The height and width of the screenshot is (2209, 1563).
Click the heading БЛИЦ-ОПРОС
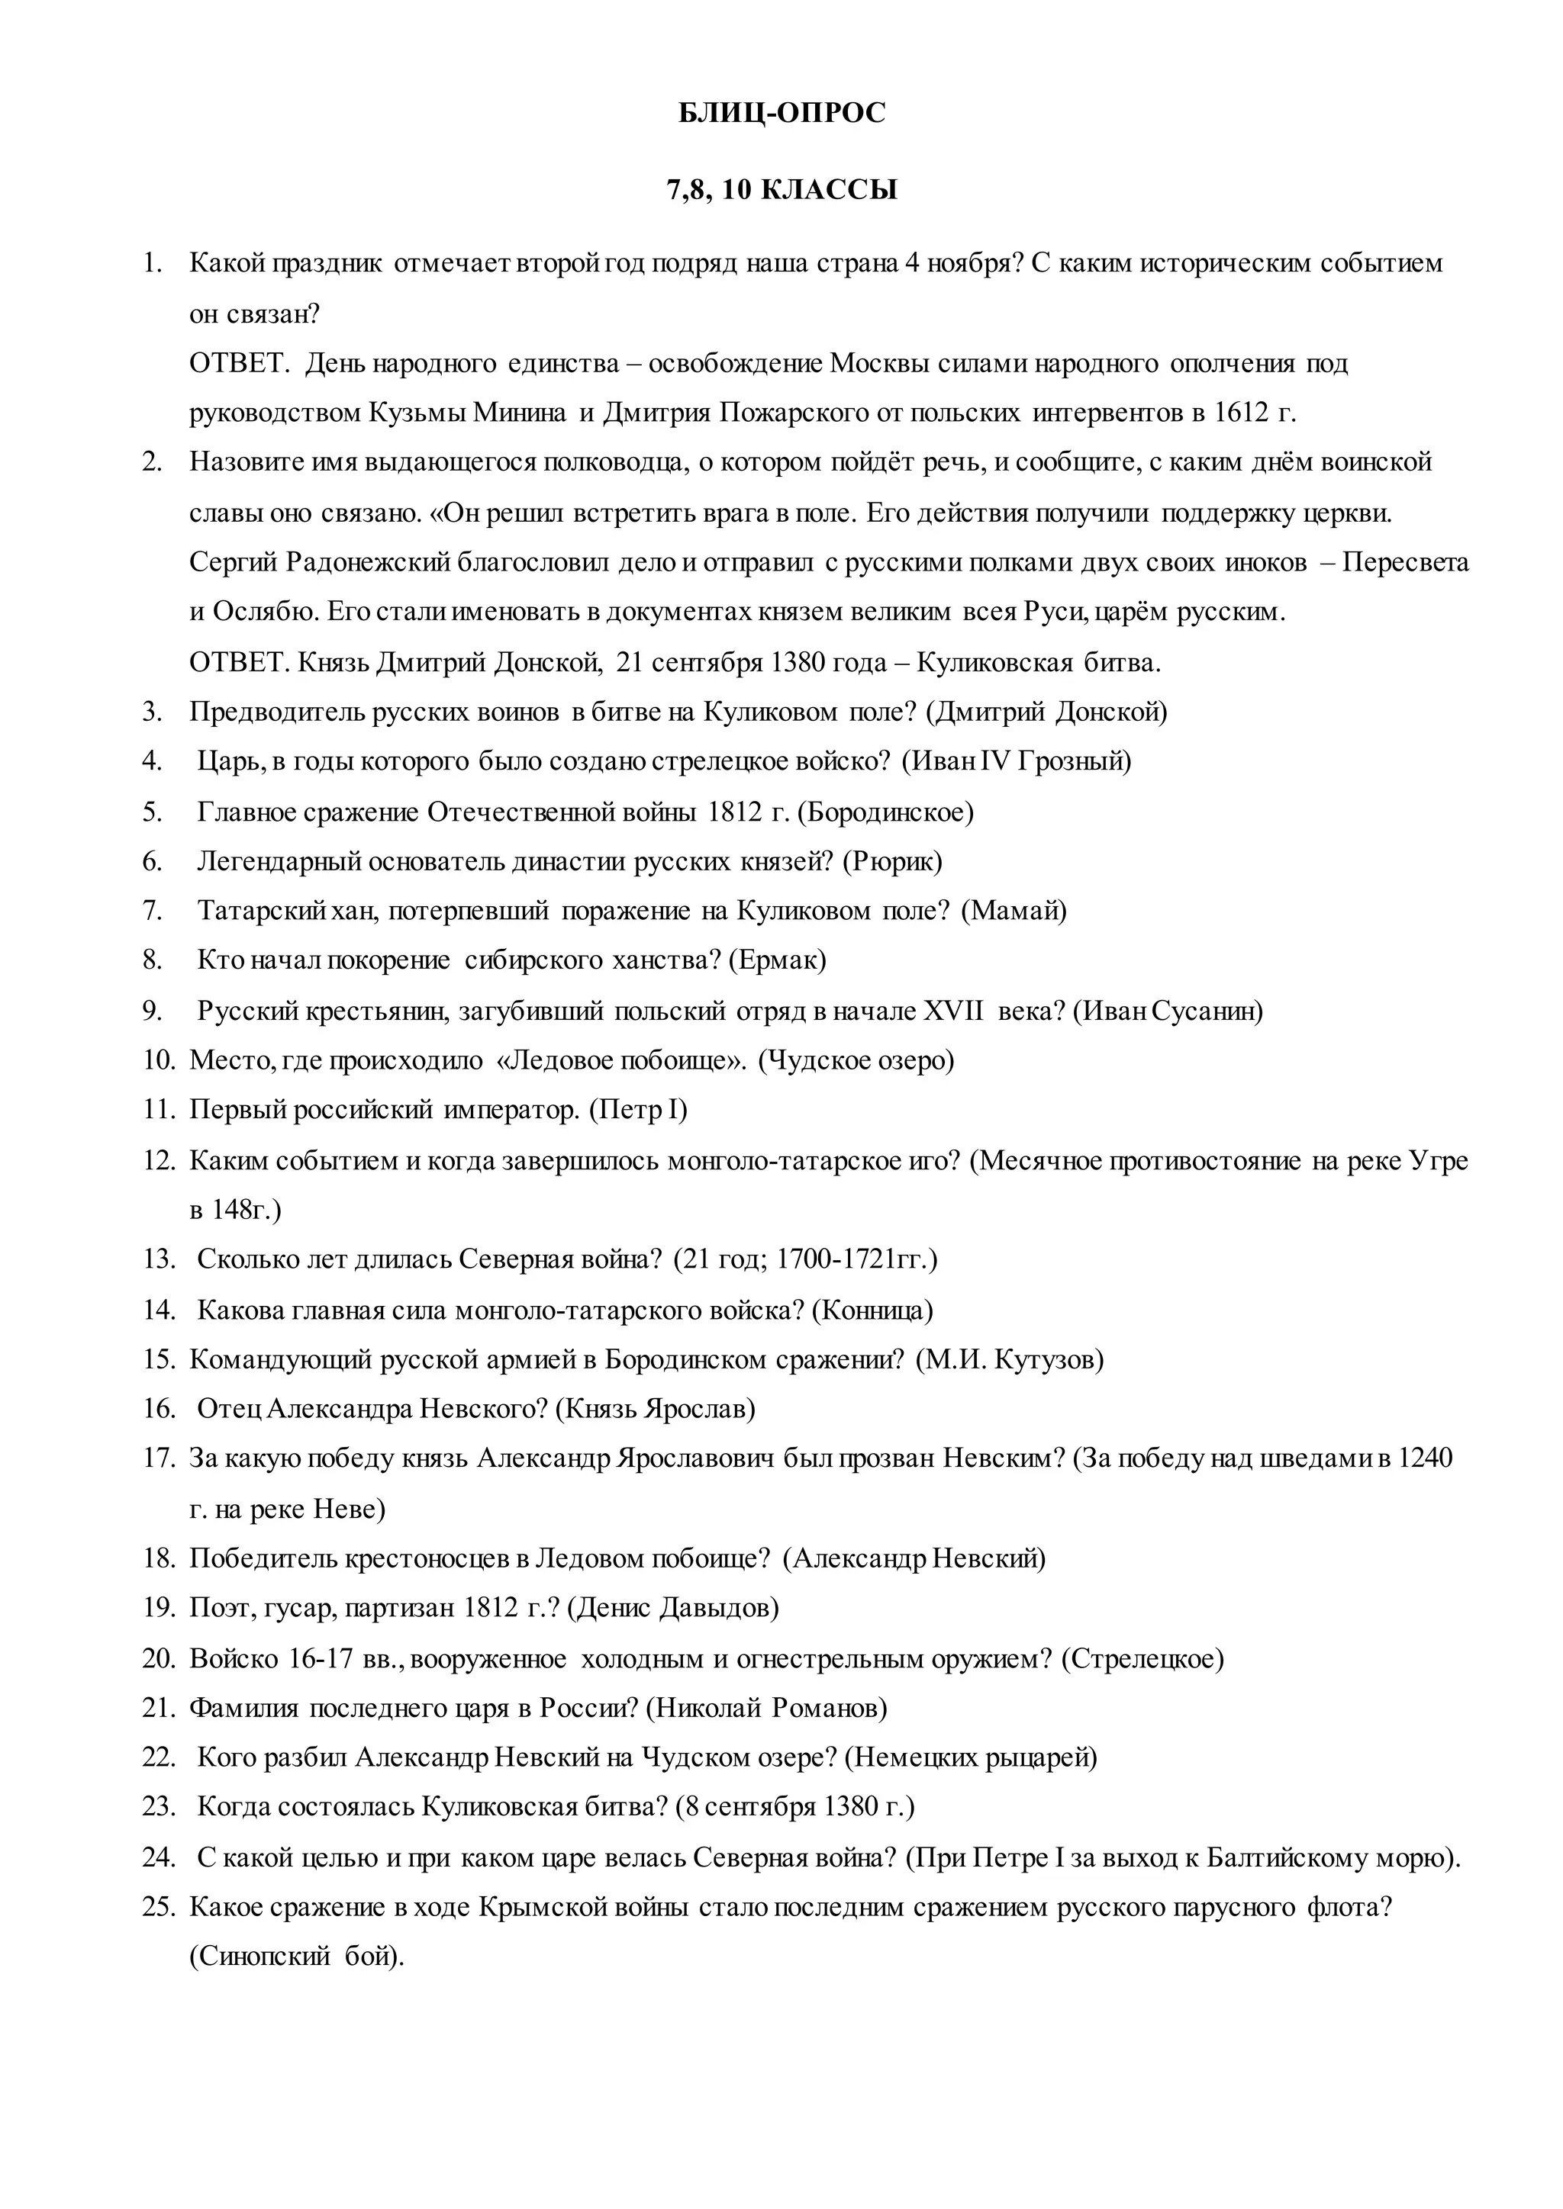point(781,114)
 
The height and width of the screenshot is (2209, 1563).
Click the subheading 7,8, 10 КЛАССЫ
point(781,189)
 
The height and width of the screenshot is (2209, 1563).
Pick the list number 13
point(159,1259)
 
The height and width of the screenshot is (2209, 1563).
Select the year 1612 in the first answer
point(1242,413)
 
